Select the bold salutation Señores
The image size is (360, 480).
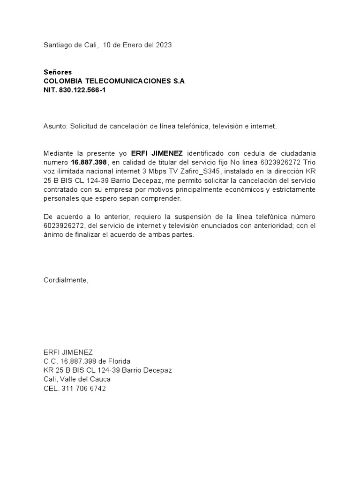click(x=57, y=72)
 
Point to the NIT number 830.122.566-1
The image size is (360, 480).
click(x=82, y=90)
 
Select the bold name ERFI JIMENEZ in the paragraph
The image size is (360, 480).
click(x=157, y=153)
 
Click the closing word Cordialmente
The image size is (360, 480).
click(x=66, y=280)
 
